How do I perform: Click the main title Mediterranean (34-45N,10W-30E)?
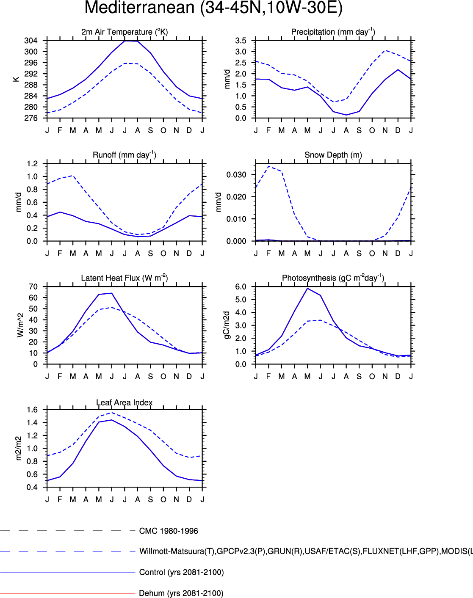213,8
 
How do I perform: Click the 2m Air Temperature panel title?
124,32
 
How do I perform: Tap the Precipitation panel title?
333,32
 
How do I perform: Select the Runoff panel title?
124,155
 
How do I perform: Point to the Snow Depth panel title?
333,155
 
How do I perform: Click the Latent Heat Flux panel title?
124,278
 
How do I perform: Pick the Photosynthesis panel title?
333,278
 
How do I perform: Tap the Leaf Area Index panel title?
124,402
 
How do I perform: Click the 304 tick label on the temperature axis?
31,41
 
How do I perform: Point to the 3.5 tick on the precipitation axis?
241,41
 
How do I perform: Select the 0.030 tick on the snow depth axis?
236,175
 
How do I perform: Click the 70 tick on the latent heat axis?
33,287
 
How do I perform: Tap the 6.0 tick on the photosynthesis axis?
241,287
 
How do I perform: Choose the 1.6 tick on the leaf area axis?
32,410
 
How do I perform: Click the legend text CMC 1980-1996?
169,531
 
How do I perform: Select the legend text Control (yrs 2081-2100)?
181,573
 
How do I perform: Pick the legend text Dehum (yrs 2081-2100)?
181,593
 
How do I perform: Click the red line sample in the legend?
68,593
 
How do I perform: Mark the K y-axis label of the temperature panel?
16,79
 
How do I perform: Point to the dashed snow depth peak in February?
269,166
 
